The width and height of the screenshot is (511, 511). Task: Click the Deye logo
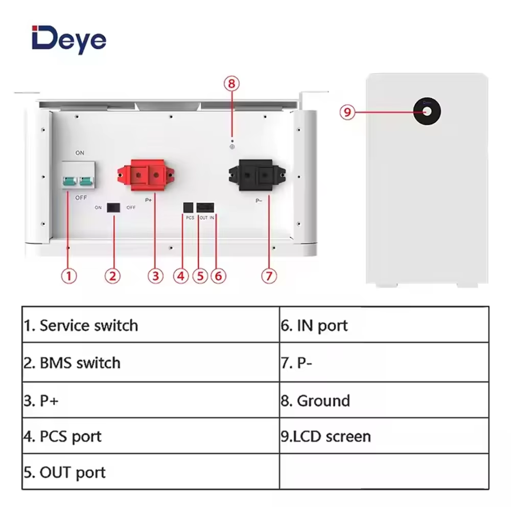[x=69, y=39]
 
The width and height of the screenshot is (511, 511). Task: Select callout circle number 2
[x=113, y=276]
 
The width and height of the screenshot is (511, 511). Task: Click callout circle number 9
[x=347, y=112]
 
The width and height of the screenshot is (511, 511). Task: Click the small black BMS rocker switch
[x=112, y=207]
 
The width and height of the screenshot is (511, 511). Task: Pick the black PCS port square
[x=189, y=206]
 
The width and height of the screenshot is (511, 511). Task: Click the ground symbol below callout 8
[x=232, y=147]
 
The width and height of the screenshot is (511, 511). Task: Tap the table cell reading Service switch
[x=150, y=325]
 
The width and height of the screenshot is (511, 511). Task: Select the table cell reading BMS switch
[x=150, y=362]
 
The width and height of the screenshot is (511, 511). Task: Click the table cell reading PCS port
[x=150, y=436]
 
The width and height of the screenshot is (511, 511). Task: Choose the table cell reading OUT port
[x=150, y=472]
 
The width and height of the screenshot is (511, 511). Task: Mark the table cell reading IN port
[x=384, y=325]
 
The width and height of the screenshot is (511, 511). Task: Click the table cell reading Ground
[x=384, y=400]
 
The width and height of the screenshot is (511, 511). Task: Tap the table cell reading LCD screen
[x=384, y=436]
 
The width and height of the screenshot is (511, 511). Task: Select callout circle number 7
[x=269, y=276]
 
